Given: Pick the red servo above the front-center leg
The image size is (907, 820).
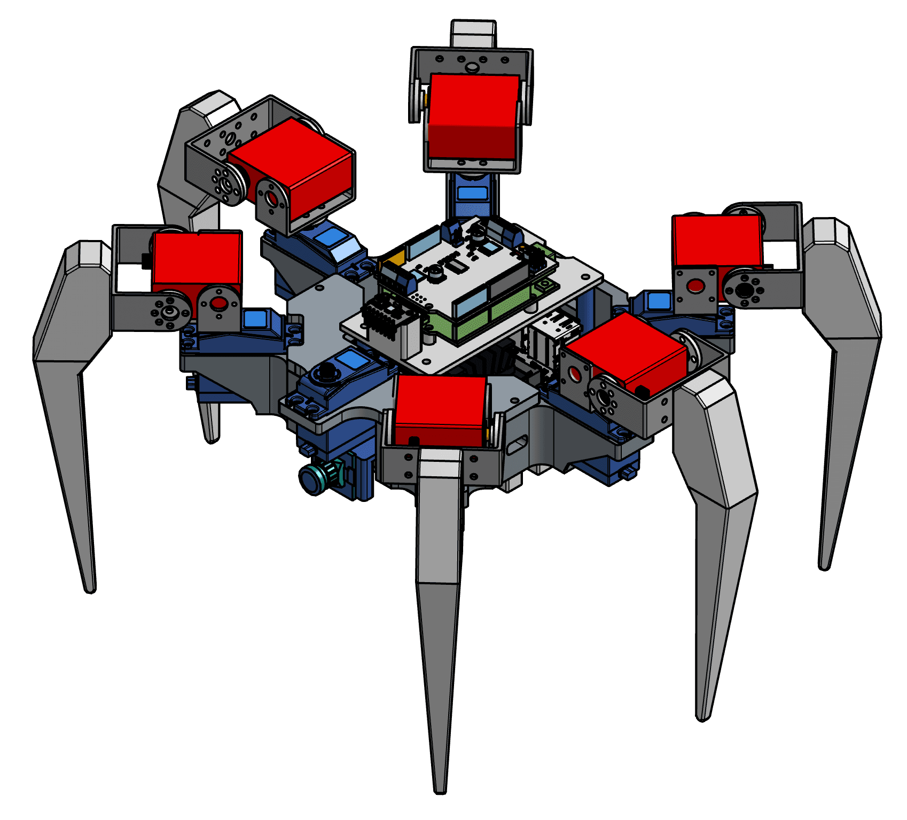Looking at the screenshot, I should [x=440, y=409].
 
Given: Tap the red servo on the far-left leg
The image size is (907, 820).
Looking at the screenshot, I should [x=197, y=259].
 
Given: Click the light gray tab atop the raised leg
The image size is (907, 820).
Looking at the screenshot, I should [x=473, y=34].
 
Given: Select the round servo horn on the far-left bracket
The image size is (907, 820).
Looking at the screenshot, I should [x=170, y=312].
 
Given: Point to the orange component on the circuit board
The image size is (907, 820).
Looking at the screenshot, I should [x=396, y=259].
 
